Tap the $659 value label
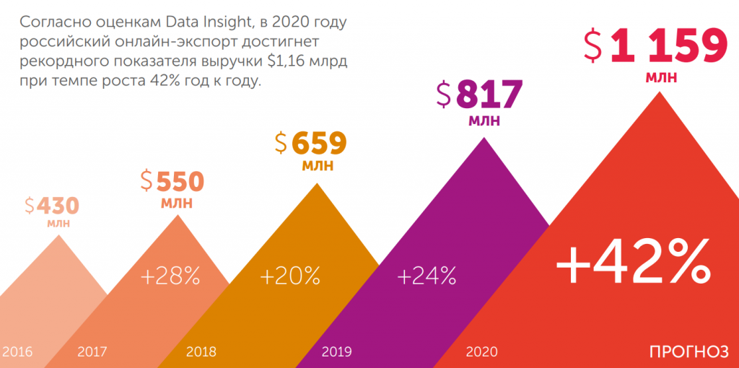311,142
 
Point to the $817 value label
479,94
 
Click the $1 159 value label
655,46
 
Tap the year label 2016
17,352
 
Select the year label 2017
92,352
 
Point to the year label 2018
201,352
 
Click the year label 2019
336,352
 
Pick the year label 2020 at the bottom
481,352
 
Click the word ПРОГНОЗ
688,352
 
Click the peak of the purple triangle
483,137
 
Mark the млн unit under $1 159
661,76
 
